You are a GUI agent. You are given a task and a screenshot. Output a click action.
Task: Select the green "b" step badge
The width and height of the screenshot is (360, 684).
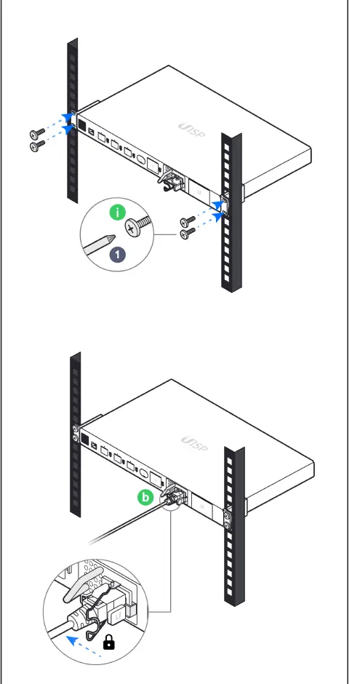[146, 498]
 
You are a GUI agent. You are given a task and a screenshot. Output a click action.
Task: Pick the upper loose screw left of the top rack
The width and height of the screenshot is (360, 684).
[37, 134]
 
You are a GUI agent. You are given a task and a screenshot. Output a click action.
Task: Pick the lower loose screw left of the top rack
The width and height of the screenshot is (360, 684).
[37, 146]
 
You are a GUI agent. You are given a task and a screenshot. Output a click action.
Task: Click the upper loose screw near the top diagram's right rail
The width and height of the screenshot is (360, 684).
[187, 220]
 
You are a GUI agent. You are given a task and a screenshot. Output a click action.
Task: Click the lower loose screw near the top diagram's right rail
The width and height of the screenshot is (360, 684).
[187, 234]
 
